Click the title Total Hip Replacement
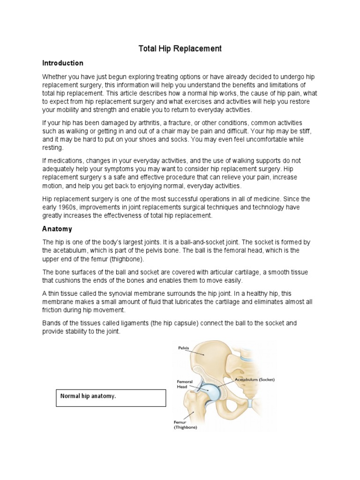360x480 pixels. [x=180, y=49]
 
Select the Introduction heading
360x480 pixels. [x=62, y=63]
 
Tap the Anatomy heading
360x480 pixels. [x=57, y=229]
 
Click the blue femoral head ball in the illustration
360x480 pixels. [x=211, y=391]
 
